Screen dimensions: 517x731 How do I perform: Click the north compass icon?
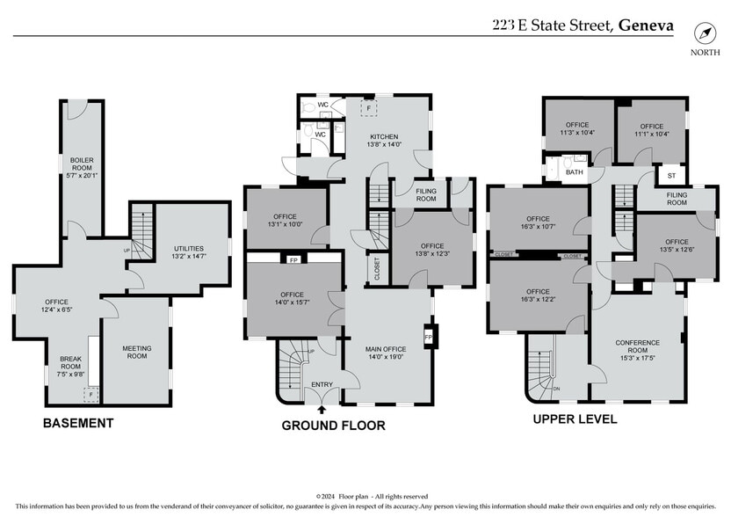click(705, 33)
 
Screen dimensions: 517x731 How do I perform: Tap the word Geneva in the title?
click(646, 25)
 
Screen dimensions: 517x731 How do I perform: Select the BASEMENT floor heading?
click(78, 423)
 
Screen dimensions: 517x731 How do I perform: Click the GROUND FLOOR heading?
click(333, 426)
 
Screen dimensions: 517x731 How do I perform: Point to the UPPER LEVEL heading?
click(575, 419)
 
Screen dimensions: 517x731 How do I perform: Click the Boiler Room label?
click(82, 167)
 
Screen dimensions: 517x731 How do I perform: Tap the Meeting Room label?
click(136, 353)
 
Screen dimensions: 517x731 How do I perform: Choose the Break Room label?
click(70, 364)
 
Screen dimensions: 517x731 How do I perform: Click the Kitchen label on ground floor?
click(384, 141)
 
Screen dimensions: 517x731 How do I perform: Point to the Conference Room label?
click(638, 348)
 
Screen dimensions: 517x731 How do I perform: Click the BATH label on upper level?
click(574, 172)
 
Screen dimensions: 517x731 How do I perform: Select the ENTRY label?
click(322, 384)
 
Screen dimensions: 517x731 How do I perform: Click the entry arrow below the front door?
click(322, 408)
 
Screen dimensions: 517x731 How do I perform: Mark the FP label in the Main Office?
click(428, 337)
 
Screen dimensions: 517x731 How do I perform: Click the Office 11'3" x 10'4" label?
click(577, 129)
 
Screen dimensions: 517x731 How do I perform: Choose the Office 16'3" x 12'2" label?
click(538, 296)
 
